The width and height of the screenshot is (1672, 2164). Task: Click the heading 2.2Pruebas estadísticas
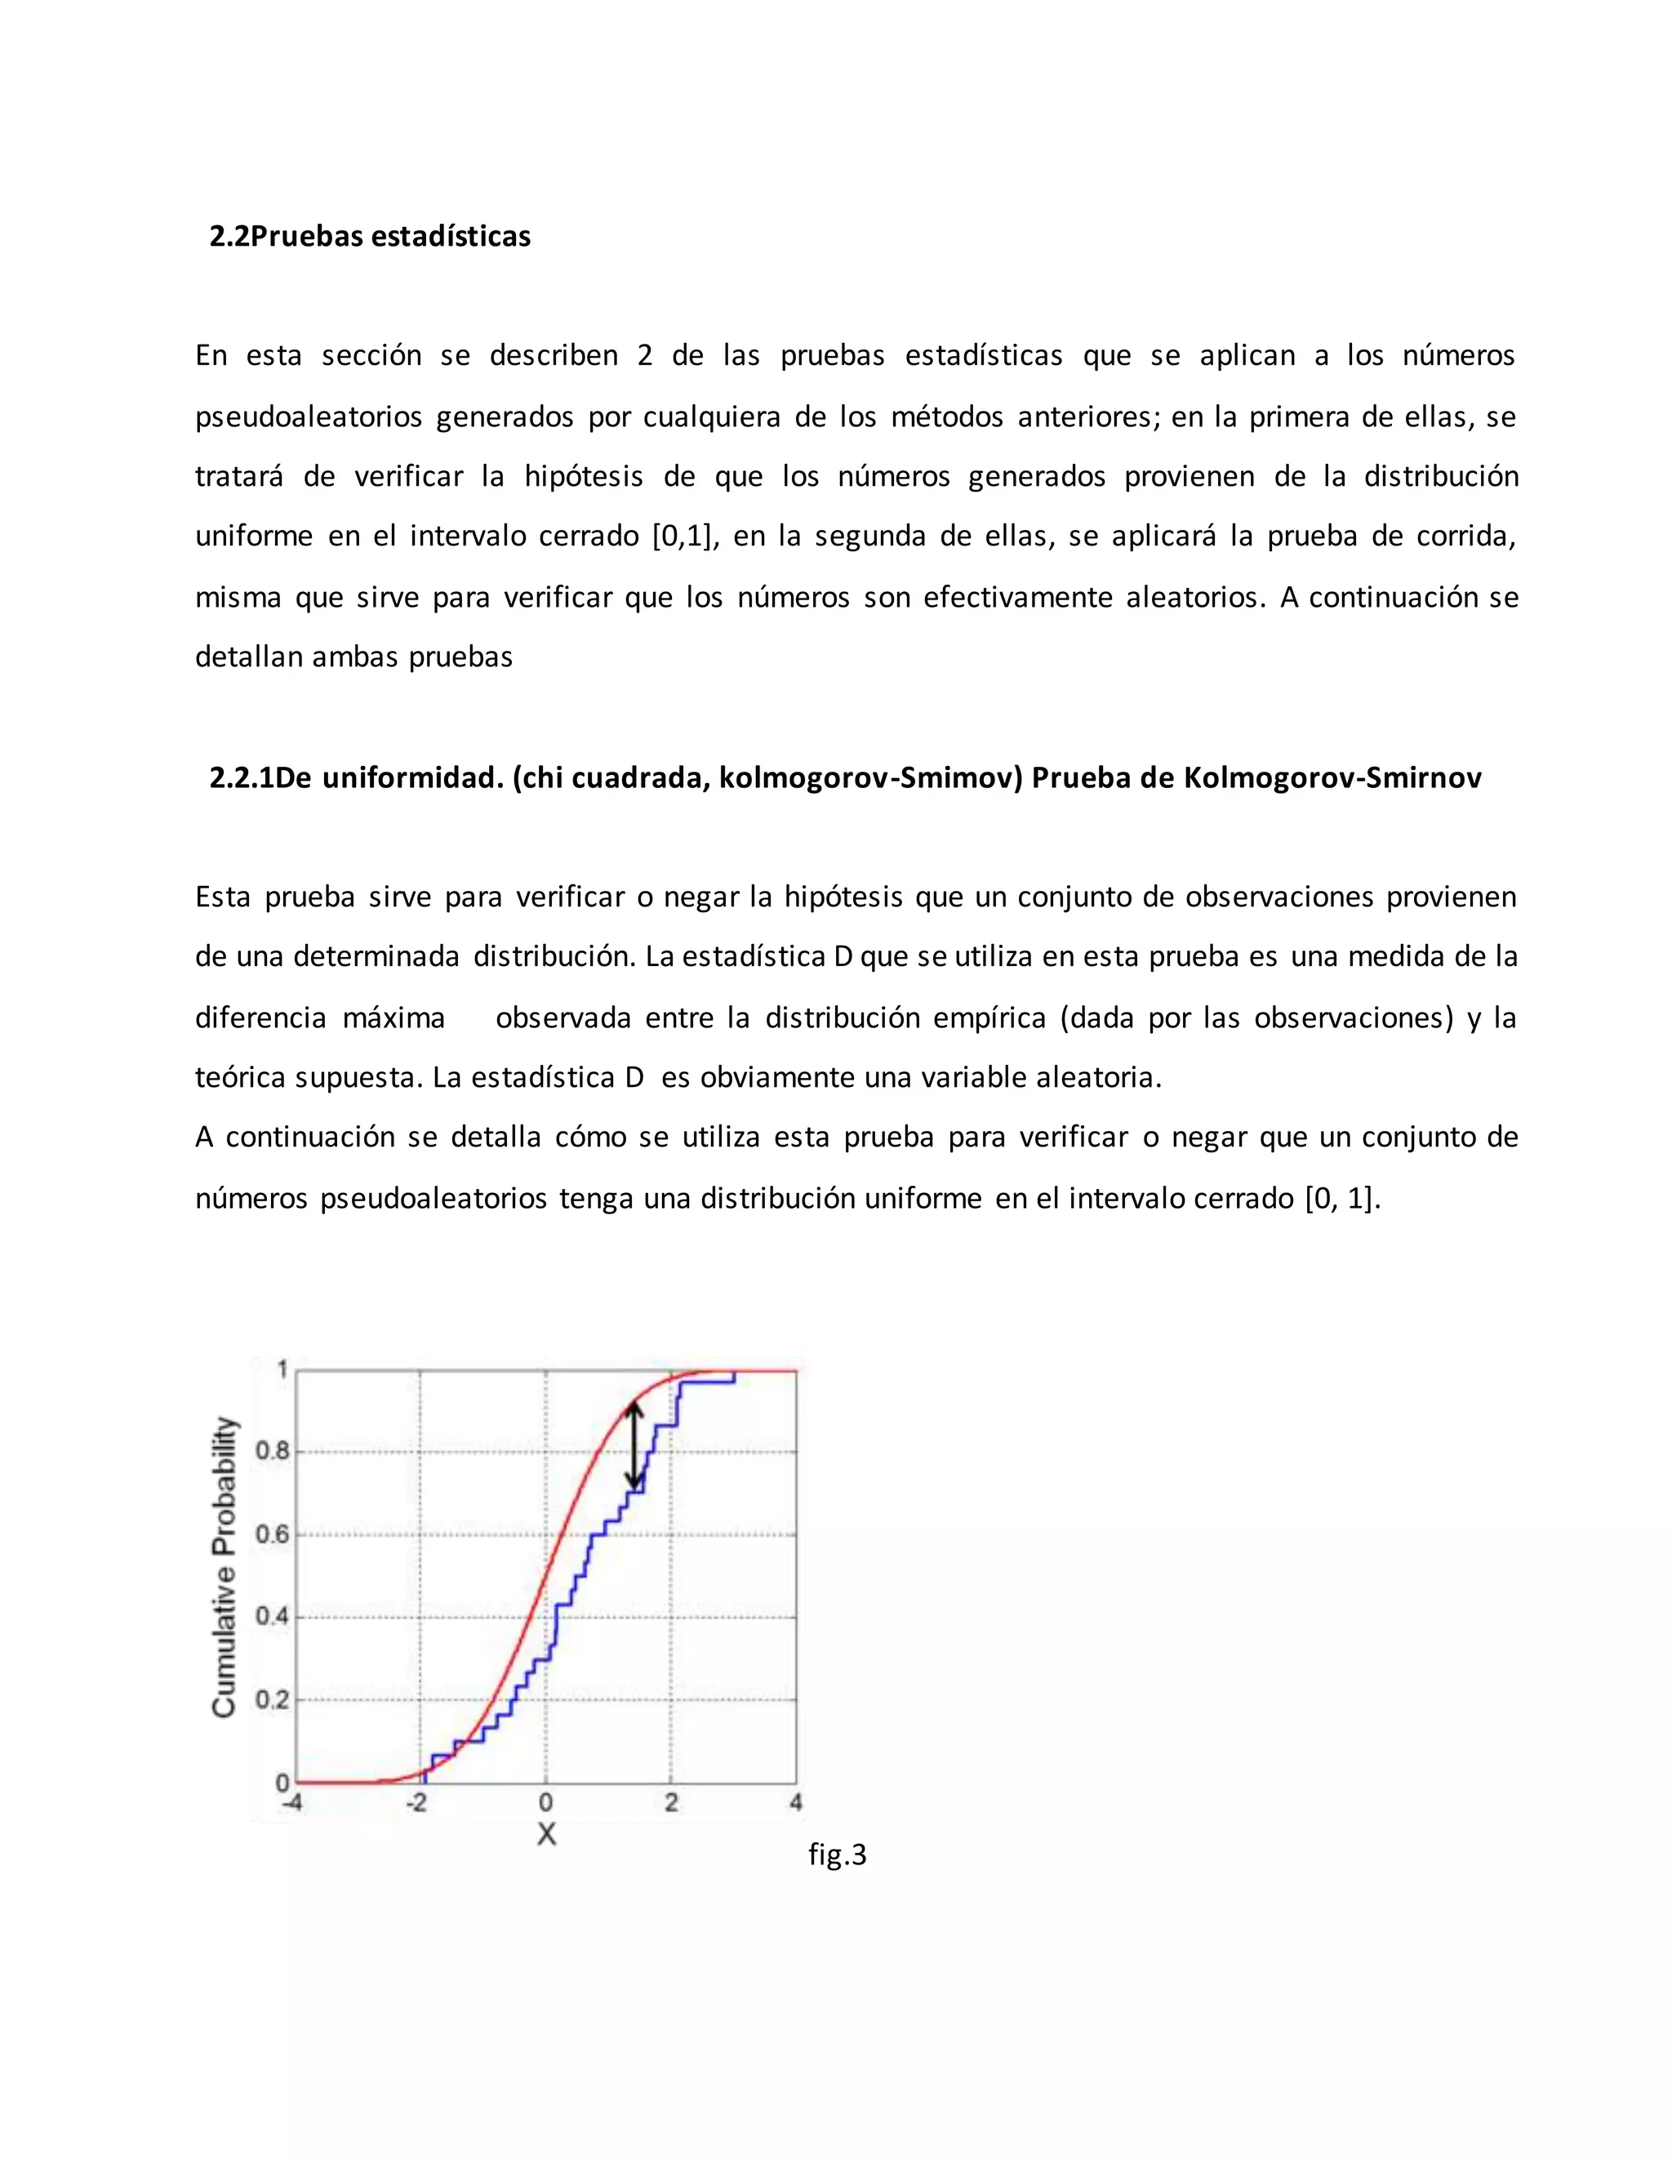[370, 237]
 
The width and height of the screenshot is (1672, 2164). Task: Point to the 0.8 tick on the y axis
[273, 1452]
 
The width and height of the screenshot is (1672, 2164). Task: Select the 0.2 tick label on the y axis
[273, 1700]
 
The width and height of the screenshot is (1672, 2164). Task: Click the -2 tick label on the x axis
[417, 1802]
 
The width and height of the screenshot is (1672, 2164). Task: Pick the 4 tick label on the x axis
[795, 1802]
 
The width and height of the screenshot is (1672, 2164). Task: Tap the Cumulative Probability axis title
[225, 1568]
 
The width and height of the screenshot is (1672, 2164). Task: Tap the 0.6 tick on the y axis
[273, 1535]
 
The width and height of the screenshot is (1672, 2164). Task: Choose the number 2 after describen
[645, 356]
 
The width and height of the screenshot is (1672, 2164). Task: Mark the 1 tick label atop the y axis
[282, 1370]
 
